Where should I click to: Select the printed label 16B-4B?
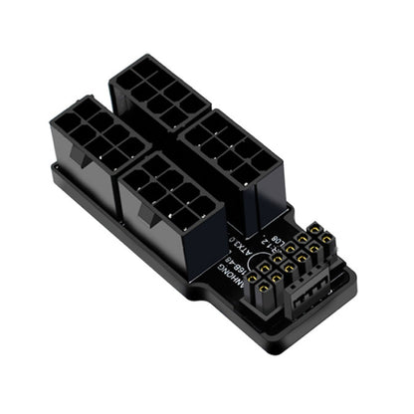239,265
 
